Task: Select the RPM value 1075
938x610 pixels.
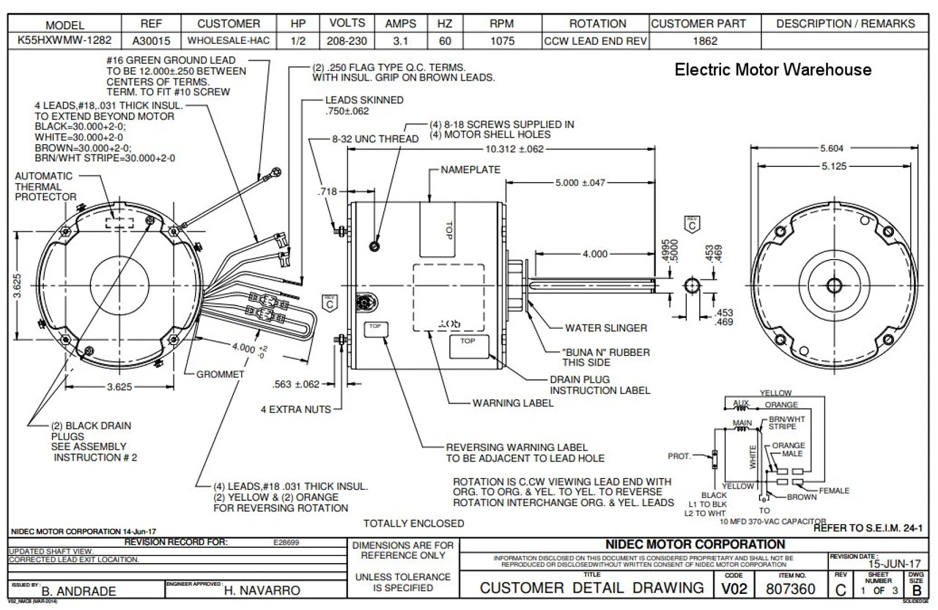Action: point(502,41)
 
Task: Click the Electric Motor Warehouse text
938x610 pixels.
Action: point(772,70)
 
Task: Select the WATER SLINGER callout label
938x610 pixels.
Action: point(606,328)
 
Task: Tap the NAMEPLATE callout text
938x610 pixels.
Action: point(470,170)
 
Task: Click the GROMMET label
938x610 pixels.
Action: point(220,374)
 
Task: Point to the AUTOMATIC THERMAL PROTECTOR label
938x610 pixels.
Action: point(45,186)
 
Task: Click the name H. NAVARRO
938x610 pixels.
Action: point(262,590)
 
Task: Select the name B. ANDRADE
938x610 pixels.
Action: point(79,590)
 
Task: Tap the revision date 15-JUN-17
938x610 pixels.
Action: point(895,565)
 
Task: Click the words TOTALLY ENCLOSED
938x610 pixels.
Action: point(413,523)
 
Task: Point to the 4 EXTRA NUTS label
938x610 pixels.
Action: point(296,409)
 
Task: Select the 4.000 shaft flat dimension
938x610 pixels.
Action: point(594,254)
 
